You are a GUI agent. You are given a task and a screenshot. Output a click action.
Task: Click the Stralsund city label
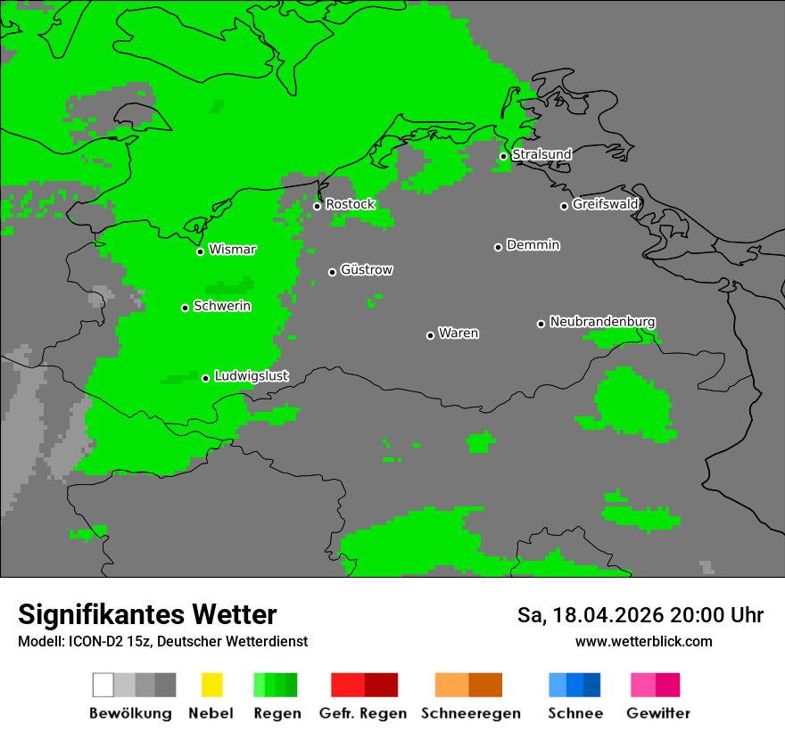tap(541, 154)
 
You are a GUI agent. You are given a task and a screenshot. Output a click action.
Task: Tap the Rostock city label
tap(351, 204)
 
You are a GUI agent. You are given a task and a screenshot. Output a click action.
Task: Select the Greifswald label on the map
tap(606, 204)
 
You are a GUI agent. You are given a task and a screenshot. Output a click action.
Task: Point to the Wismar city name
tap(232, 250)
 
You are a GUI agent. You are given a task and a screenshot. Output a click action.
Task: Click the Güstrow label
tap(367, 270)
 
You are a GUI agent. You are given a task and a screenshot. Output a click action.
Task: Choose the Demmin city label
tap(533, 245)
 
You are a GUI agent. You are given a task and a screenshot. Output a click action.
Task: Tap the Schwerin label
tap(222, 307)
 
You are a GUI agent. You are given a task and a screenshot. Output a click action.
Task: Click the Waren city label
tap(459, 333)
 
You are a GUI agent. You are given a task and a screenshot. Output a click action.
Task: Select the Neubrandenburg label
tap(603, 322)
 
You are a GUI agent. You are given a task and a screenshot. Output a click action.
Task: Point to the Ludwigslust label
tap(252, 376)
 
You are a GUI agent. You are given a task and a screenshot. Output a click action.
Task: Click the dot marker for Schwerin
tap(185, 308)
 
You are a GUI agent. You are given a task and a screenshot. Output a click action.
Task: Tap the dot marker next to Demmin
tap(498, 247)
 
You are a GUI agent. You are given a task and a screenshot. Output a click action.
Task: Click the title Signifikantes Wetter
tap(147, 614)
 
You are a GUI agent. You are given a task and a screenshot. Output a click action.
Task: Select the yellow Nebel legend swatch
tap(211, 685)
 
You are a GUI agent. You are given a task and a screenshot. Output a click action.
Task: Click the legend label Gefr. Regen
tap(363, 713)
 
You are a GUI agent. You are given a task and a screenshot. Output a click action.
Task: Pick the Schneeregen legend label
tap(469, 713)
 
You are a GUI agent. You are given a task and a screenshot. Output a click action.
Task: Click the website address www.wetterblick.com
tap(643, 642)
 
